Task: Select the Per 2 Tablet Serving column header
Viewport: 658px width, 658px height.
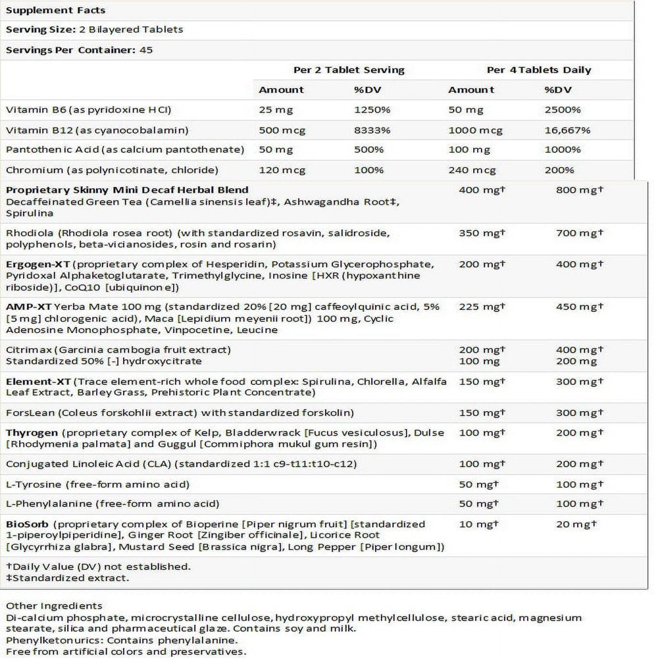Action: (x=349, y=70)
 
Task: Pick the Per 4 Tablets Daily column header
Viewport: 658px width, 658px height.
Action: (x=539, y=70)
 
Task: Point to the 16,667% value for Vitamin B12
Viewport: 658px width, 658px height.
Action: (x=567, y=130)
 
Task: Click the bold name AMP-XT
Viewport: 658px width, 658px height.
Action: (x=25, y=307)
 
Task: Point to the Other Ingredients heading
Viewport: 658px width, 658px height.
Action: (x=54, y=605)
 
